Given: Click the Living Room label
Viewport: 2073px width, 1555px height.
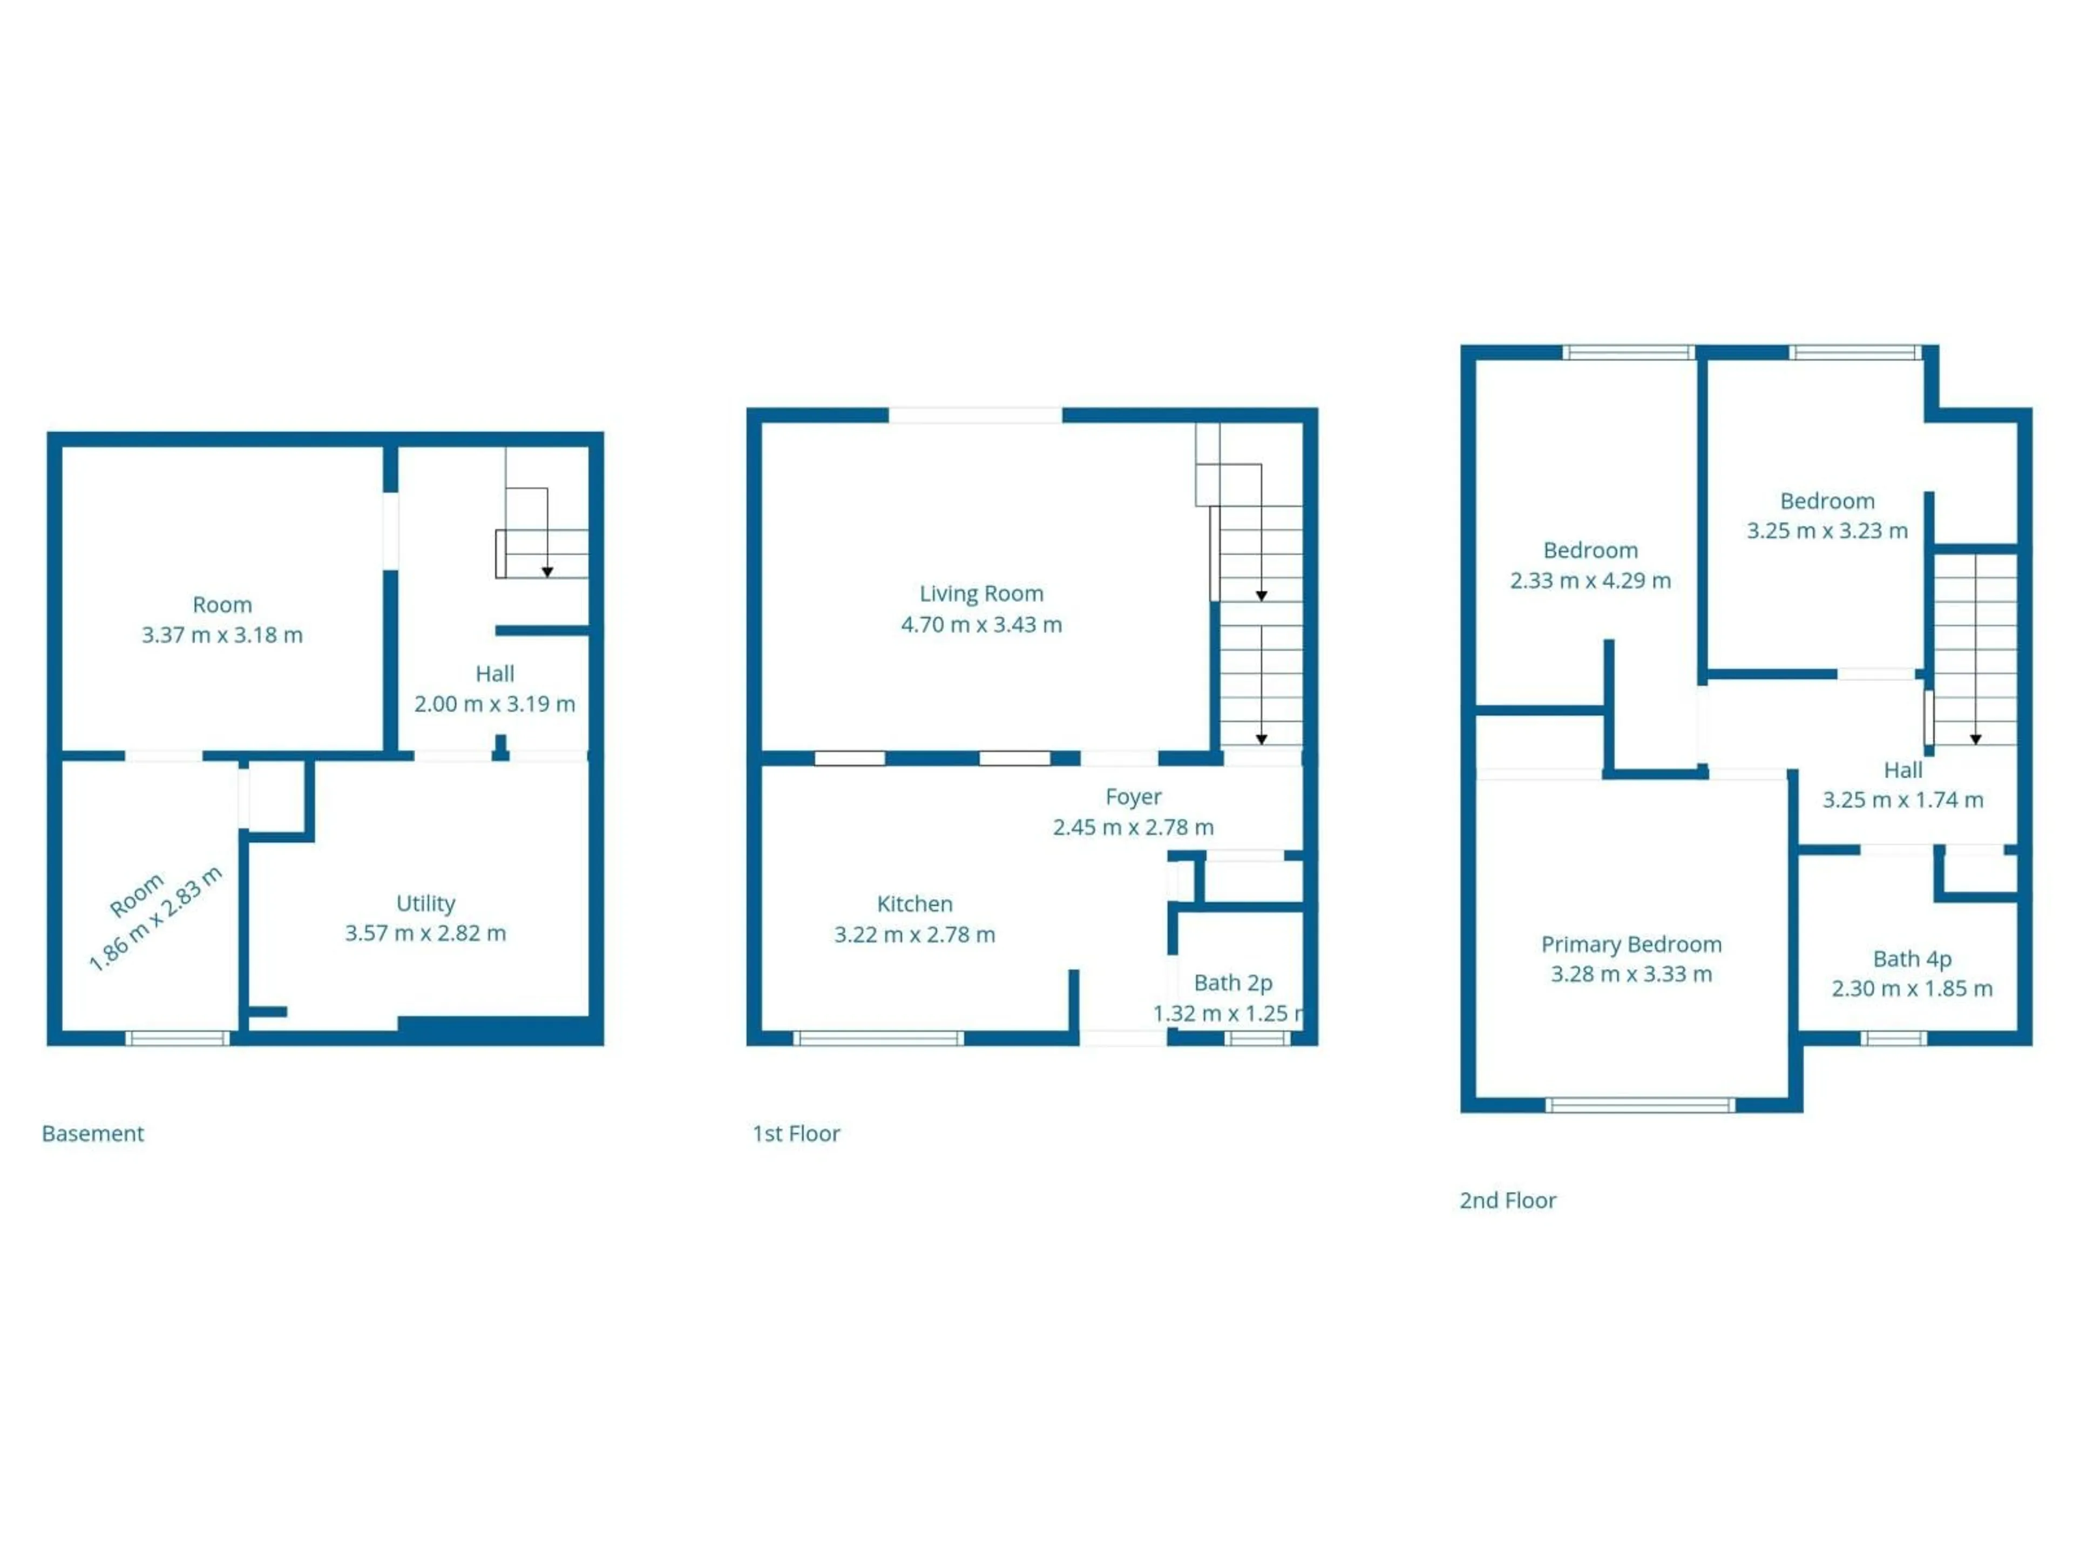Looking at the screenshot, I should click(981, 593).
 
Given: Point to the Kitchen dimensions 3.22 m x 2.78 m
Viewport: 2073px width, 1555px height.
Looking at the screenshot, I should click(914, 935).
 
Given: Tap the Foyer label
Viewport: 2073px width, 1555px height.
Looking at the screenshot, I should click(1133, 797).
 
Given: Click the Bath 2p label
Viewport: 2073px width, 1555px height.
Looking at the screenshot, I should click(1232, 983).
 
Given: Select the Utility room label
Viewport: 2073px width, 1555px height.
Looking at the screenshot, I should click(425, 903).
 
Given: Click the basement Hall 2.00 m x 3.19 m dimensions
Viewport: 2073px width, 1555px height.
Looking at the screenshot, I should click(495, 704).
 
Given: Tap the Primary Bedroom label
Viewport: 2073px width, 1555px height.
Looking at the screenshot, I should click(1631, 944).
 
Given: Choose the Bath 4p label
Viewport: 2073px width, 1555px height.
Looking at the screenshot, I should click(1912, 959).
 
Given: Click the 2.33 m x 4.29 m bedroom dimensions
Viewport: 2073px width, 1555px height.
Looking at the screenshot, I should click(1590, 581).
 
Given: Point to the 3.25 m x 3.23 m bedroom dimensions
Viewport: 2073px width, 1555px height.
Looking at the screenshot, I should click(1826, 531).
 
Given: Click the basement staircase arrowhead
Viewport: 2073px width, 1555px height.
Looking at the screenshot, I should click(547, 572).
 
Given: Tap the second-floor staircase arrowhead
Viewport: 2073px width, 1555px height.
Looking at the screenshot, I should click(1975, 740).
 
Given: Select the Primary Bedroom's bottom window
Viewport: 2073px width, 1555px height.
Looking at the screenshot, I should click(1639, 1105).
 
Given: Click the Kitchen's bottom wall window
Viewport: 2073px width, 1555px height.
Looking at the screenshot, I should click(878, 1038).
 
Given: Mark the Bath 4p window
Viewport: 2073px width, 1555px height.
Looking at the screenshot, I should click(1893, 1038).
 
